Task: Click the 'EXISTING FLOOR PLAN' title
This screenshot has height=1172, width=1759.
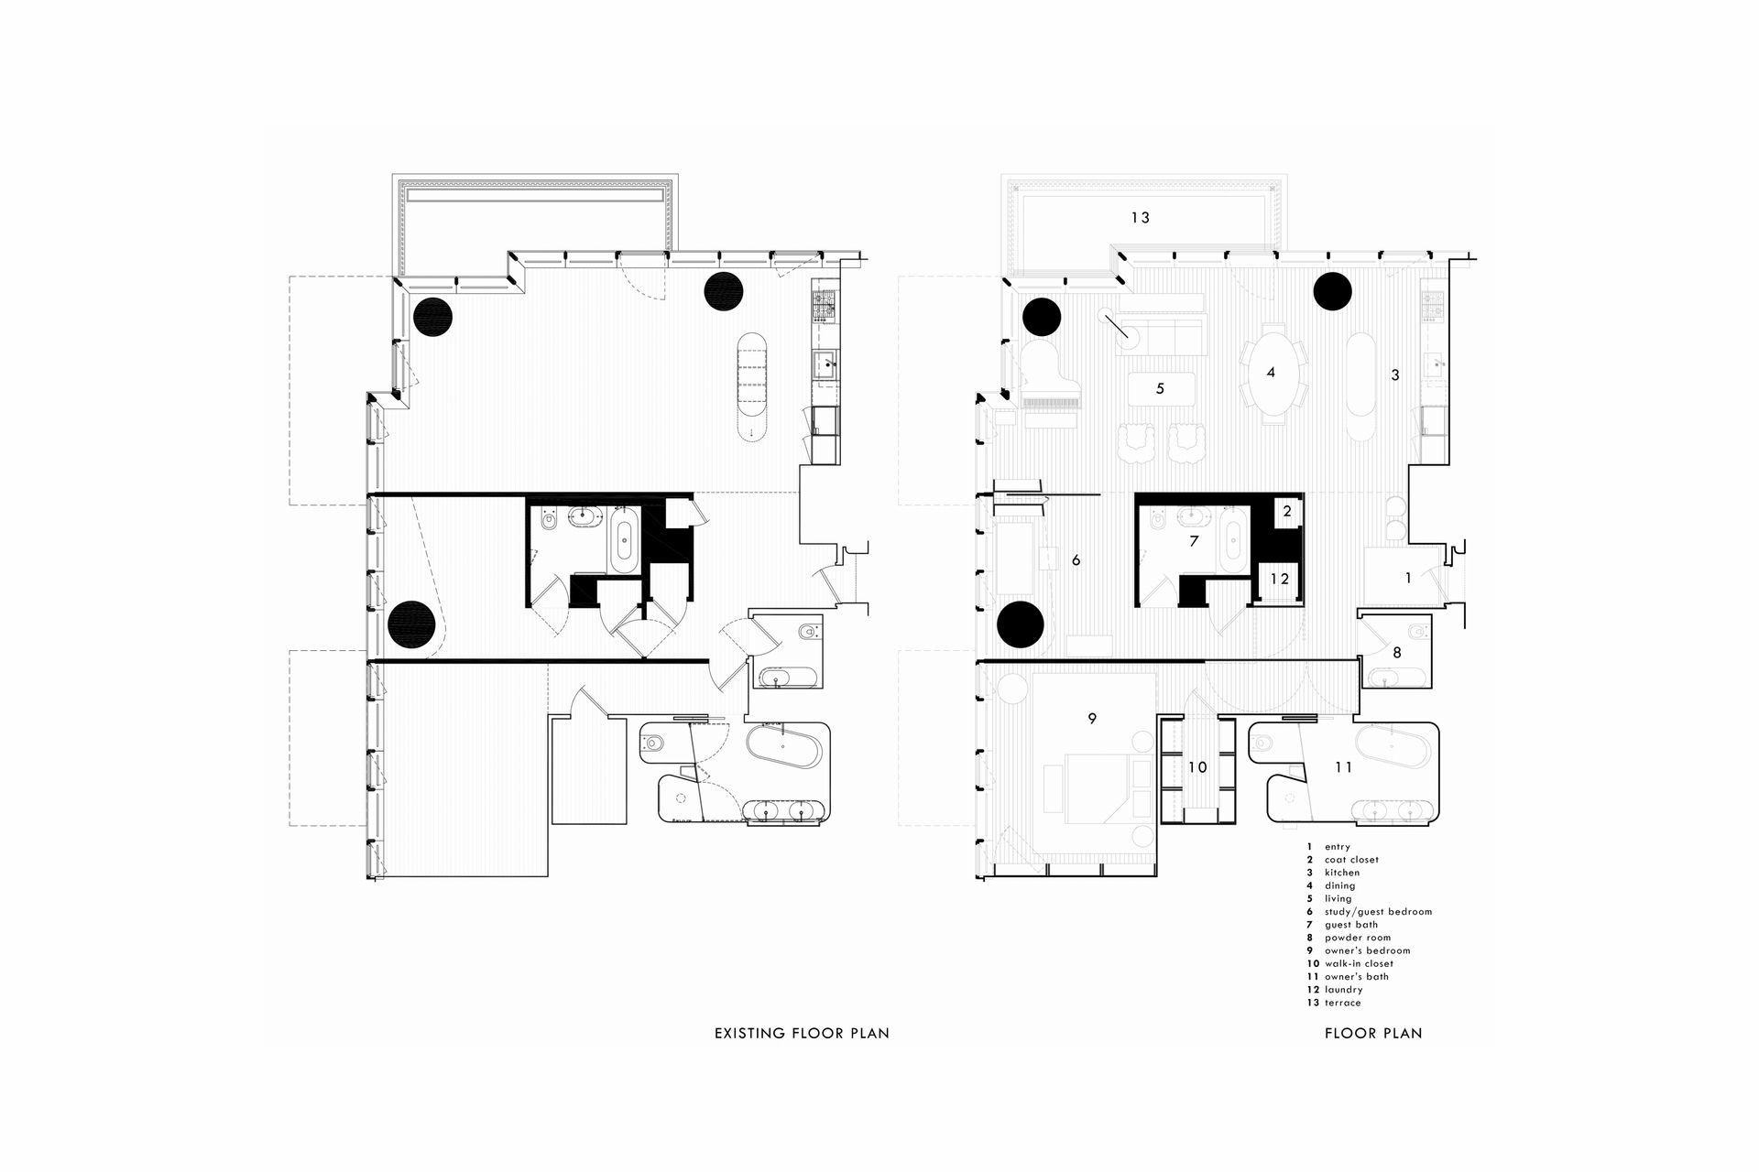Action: [802, 1033]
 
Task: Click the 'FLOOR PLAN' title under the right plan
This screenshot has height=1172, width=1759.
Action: [1373, 1033]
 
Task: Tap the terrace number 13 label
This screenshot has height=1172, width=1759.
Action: [1140, 218]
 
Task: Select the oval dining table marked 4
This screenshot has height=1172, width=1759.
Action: [1272, 373]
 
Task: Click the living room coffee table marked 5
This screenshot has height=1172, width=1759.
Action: [1161, 388]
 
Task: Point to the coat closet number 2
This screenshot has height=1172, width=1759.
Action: [1287, 511]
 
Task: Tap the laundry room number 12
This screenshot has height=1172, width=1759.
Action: [1280, 579]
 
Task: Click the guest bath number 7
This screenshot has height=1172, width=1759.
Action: [1194, 541]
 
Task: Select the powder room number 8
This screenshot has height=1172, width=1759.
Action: [1397, 653]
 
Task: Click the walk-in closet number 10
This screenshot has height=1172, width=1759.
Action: [1197, 767]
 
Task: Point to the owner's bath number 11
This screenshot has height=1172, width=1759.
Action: [1343, 767]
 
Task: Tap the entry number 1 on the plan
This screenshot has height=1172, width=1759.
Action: [1408, 578]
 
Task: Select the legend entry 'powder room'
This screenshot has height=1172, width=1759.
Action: [1358, 938]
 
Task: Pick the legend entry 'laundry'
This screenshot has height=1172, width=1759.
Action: [1344, 990]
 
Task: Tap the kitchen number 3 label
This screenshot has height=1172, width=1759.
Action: [1395, 374]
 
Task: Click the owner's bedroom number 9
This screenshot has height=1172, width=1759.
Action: [1091, 719]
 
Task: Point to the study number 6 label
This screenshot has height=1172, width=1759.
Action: [1076, 559]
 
